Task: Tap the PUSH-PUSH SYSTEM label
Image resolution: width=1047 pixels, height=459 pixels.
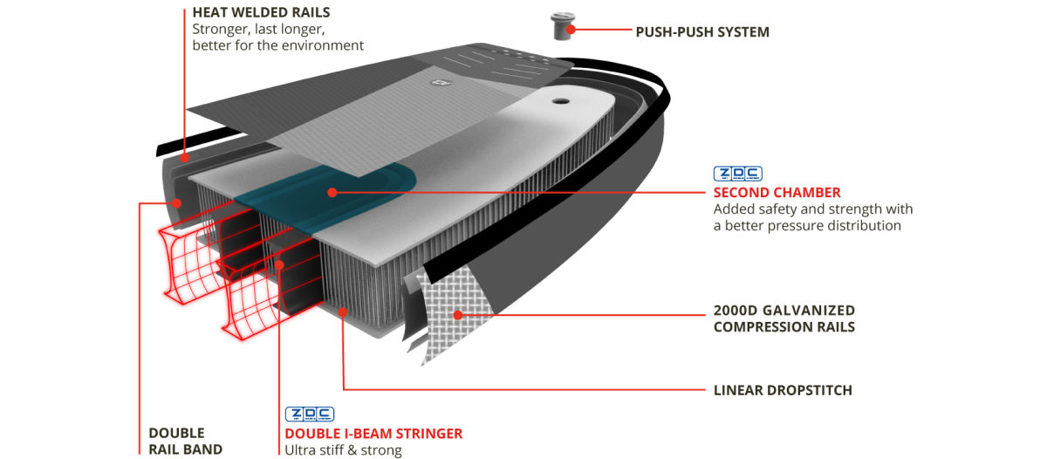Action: pos(702,32)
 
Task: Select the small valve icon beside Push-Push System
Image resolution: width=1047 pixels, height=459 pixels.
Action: pos(561,24)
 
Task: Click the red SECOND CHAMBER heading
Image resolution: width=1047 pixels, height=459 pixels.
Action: pos(777,192)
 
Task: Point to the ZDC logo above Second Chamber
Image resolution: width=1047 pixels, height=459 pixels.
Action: pos(737,174)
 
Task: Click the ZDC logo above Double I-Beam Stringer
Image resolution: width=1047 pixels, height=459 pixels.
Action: pos(310,414)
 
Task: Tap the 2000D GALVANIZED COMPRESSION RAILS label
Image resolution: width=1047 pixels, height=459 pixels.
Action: pos(784,319)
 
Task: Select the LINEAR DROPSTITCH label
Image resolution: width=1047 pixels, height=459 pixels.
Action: pos(783,389)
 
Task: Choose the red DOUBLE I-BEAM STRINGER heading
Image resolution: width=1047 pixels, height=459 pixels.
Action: pos(373,433)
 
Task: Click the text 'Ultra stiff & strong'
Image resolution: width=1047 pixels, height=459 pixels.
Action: pos(343,450)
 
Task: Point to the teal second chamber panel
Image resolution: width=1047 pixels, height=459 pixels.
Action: pos(349,188)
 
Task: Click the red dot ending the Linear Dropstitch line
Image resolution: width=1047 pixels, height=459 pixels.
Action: pos(344,310)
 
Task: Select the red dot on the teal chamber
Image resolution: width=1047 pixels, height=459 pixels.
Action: pos(332,191)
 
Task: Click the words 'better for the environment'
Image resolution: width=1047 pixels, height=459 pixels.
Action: pos(277,45)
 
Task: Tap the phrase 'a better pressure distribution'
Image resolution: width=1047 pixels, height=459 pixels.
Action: pos(806,225)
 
